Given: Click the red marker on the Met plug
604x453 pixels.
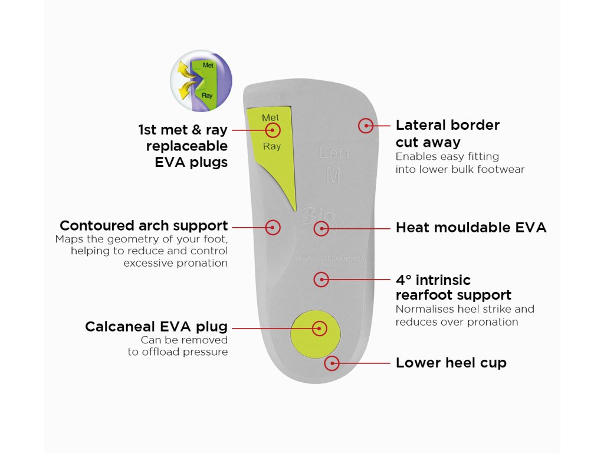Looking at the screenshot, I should (273, 130).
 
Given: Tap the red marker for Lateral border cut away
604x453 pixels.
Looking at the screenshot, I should (366, 125).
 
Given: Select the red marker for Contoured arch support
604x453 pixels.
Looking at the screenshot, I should (273, 227).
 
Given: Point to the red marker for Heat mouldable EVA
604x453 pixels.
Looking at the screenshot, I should (321, 228).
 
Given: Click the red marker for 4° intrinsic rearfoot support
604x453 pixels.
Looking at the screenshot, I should (321, 279).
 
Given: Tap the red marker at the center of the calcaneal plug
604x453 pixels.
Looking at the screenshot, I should (319, 328).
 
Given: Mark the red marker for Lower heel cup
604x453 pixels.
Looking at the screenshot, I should (333, 363).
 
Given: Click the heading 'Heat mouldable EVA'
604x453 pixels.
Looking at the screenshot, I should (471, 228).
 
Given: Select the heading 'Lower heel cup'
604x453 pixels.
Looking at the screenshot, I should (451, 363).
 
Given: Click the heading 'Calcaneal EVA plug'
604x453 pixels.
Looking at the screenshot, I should (156, 327).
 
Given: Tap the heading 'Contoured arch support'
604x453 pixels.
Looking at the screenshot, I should (143, 226).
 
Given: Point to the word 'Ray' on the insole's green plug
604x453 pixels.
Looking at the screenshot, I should (272, 146).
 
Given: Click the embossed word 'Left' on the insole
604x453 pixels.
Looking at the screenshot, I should (335, 154).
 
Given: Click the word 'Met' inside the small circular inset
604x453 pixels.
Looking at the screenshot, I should (208, 65).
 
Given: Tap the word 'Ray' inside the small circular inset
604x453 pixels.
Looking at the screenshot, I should (207, 95).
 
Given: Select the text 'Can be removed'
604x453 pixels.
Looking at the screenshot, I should (184, 340).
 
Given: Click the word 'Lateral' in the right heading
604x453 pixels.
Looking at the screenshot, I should (419, 125).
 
